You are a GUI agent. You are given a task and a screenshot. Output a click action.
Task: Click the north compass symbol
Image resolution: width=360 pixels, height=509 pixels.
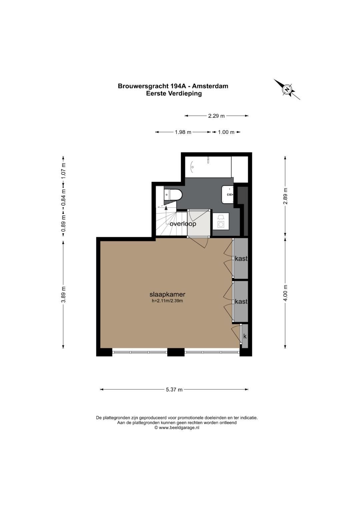pyautogui.click(x=287, y=89)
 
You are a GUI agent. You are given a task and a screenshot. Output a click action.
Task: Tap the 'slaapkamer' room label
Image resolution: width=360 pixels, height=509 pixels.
pyautogui.click(x=167, y=294)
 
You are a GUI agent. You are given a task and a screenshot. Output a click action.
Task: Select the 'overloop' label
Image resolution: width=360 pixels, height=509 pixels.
pyautogui.click(x=183, y=224)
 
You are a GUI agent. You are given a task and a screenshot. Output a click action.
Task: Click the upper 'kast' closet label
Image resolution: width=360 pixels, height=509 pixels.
pyautogui.click(x=241, y=258)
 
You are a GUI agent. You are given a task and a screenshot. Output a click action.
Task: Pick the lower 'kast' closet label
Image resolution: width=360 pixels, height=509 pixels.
pyautogui.click(x=241, y=301)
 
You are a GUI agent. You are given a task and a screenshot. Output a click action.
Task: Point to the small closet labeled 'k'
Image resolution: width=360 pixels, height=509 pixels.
pyautogui.click(x=245, y=336)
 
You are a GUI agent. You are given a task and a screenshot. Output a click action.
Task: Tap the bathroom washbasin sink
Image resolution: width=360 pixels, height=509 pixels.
pyautogui.click(x=227, y=195)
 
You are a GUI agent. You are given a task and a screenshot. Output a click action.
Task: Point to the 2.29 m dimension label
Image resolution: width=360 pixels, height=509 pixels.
pyautogui.click(x=216, y=116)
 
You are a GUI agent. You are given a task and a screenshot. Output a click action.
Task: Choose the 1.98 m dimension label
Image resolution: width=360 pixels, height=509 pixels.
pyautogui.click(x=183, y=132)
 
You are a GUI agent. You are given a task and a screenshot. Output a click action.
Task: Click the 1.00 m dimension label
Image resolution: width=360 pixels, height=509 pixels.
pyautogui.click(x=226, y=132)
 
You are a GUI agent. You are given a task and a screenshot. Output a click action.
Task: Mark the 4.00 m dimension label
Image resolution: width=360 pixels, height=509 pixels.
pyautogui.click(x=285, y=293)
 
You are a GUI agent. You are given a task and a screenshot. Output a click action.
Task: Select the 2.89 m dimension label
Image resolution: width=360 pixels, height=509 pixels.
pyautogui.click(x=285, y=196)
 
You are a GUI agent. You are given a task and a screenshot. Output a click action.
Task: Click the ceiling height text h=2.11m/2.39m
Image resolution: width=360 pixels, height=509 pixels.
pyautogui.click(x=167, y=301)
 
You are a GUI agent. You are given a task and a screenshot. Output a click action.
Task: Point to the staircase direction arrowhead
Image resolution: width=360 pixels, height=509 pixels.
pyautogui.click(x=166, y=207)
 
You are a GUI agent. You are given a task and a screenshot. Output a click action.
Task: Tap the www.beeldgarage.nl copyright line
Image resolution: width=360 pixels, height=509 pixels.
pyautogui.click(x=177, y=427)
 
